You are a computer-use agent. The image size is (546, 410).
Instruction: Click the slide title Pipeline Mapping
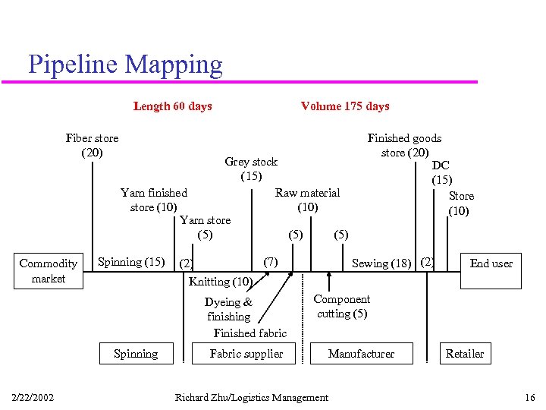click(125, 65)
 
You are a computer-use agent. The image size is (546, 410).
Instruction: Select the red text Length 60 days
click(172, 106)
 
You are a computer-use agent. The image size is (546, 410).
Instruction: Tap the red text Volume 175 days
click(345, 106)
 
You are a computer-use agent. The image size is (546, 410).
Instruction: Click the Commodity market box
click(49, 271)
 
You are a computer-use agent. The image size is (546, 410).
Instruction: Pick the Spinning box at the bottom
click(136, 354)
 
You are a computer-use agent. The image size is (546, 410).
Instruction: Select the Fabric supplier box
click(246, 354)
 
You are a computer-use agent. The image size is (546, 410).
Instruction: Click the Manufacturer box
click(362, 354)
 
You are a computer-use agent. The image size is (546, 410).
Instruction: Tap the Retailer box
click(465, 354)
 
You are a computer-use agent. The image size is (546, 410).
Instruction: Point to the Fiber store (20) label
click(92, 145)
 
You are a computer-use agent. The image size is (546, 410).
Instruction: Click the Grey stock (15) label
click(251, 169)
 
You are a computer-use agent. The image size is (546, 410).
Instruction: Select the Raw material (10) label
click(307, 200)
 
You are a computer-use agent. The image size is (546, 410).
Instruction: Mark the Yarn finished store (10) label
click(154, 200)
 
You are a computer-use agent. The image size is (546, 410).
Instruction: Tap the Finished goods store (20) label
click(404, 145)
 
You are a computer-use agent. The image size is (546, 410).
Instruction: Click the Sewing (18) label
click(381, 263)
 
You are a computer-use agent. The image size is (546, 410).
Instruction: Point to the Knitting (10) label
click(220, 282)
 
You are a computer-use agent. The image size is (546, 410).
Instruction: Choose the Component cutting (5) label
click(342, 306)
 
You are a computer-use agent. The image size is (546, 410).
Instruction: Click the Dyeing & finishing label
click(228, 309)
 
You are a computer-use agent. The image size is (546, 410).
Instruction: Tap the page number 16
click(529, 398)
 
